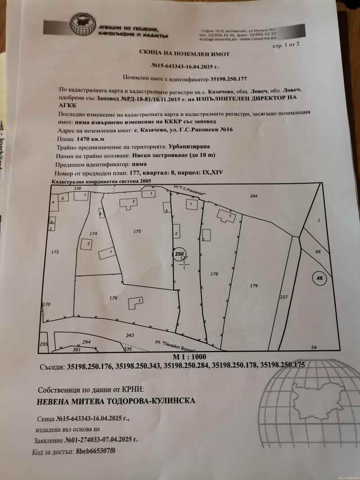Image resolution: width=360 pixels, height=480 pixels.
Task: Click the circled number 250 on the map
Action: [180, 254]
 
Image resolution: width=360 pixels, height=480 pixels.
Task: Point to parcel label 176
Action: [113, 298]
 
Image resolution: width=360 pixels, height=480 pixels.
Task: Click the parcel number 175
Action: [137, 231]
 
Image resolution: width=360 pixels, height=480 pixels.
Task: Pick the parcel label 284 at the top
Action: [253, 196]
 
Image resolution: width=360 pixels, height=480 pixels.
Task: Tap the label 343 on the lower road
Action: [130, 335]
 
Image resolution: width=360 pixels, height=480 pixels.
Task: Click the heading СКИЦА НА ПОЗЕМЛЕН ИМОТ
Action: [184, 54]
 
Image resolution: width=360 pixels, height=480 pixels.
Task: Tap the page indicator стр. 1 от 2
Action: [286, 45]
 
